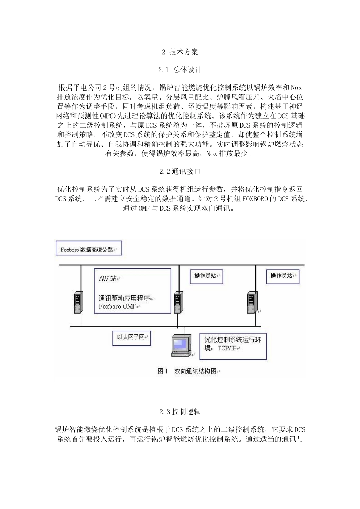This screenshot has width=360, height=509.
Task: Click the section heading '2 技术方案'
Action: tap(180, 52)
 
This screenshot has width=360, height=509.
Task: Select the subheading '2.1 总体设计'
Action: tap(180, 70)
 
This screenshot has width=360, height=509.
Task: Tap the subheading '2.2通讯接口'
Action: tap(180, 171)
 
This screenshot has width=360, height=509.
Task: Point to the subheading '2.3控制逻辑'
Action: tap(180, 411)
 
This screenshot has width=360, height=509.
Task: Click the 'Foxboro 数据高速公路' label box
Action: tap(89, 249)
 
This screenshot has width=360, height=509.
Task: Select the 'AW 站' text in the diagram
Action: tap(108, 279)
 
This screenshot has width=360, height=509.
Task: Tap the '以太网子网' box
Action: tap(131, 337)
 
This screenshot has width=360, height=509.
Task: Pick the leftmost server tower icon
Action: tap(78, 302)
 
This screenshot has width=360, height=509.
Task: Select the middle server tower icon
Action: tap(177, 302)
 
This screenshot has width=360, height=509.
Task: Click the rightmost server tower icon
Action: tap(251, 302)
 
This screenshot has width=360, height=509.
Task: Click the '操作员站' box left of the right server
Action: tap(206, 276)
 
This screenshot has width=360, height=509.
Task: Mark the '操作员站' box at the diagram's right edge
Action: tap(282, 276)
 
